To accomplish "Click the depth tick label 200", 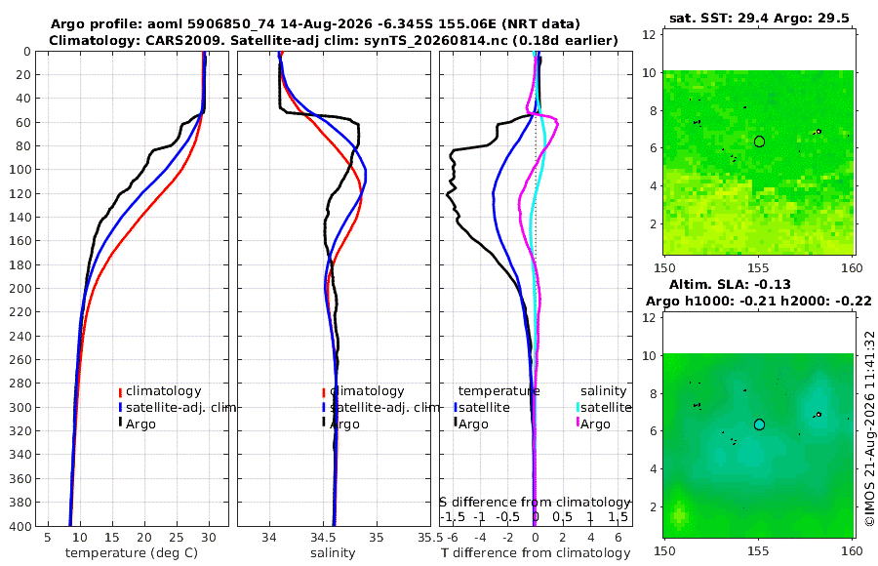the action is tap(20, 288).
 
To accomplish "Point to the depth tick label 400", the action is tap(20, 526).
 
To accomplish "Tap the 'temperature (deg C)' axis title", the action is tap(132, 553).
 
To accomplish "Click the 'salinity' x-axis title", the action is tap(333, 553).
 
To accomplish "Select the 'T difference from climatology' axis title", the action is tap(536, 553).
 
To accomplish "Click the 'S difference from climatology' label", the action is tap(536, 502).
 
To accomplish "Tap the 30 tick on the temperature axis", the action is tap(209, 538).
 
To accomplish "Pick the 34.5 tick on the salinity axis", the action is tap(323, 538).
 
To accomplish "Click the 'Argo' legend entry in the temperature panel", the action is tap(140, 424).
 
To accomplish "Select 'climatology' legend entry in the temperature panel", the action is tap(164, 391).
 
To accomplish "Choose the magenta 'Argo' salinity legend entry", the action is tap(595, 424).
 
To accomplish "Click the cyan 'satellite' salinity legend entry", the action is tap(606, 407).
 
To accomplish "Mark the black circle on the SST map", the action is tap(759, 141).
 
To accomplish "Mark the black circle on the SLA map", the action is tap(759, 424).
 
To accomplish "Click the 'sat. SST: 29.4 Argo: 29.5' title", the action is tap(759, 18).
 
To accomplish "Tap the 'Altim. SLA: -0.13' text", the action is tap(730, 284).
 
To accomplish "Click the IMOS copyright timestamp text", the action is tap(869, 427).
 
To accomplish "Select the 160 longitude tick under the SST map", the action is tap(853, 267).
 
